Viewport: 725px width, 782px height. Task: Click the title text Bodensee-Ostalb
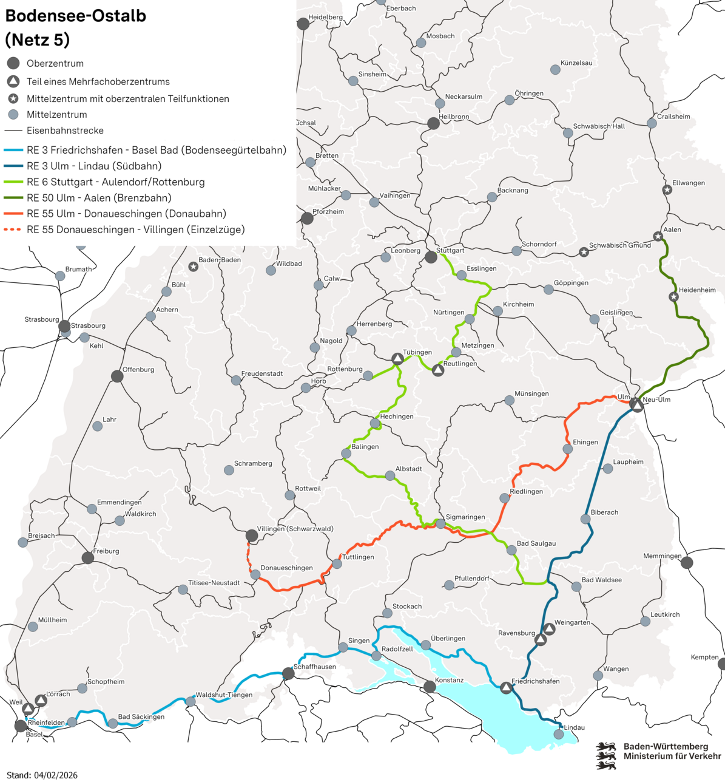click(x=76, y=16)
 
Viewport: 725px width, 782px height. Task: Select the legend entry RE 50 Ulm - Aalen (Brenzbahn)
click(x=99, y=198)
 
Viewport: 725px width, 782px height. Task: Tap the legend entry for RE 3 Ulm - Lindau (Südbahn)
click(x=94, y=166)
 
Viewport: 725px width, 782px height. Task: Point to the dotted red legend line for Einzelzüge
click(x=13, y=229)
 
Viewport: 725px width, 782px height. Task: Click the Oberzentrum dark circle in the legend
click(x=13, y=63)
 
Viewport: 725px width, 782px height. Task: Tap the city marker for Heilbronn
click(x=433, y=123)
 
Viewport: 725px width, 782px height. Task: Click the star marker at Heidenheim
click(x=673, y=297)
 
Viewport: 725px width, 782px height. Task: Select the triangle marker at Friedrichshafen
click(x=506, y=687)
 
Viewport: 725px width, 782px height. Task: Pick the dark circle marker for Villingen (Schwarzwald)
click(x=251, y=535)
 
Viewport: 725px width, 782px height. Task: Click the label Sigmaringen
click(x=465, y=517)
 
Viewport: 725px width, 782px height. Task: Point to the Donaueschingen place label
click(x=286, y=568)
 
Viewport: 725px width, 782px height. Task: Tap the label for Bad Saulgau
click(x=536, y=544)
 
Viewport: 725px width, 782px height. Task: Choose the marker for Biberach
click(x=585, y=519)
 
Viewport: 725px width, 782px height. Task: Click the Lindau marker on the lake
click(x=559, y=734)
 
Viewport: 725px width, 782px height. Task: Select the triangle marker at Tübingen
click(x=397, y=359)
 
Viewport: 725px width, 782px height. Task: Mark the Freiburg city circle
click(x=88, y=557)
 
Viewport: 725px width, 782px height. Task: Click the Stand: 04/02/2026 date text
click(x=42, y=775)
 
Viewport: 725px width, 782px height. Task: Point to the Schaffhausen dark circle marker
click(x=288, y=673)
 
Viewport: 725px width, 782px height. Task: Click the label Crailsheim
click(x=673, y=117)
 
